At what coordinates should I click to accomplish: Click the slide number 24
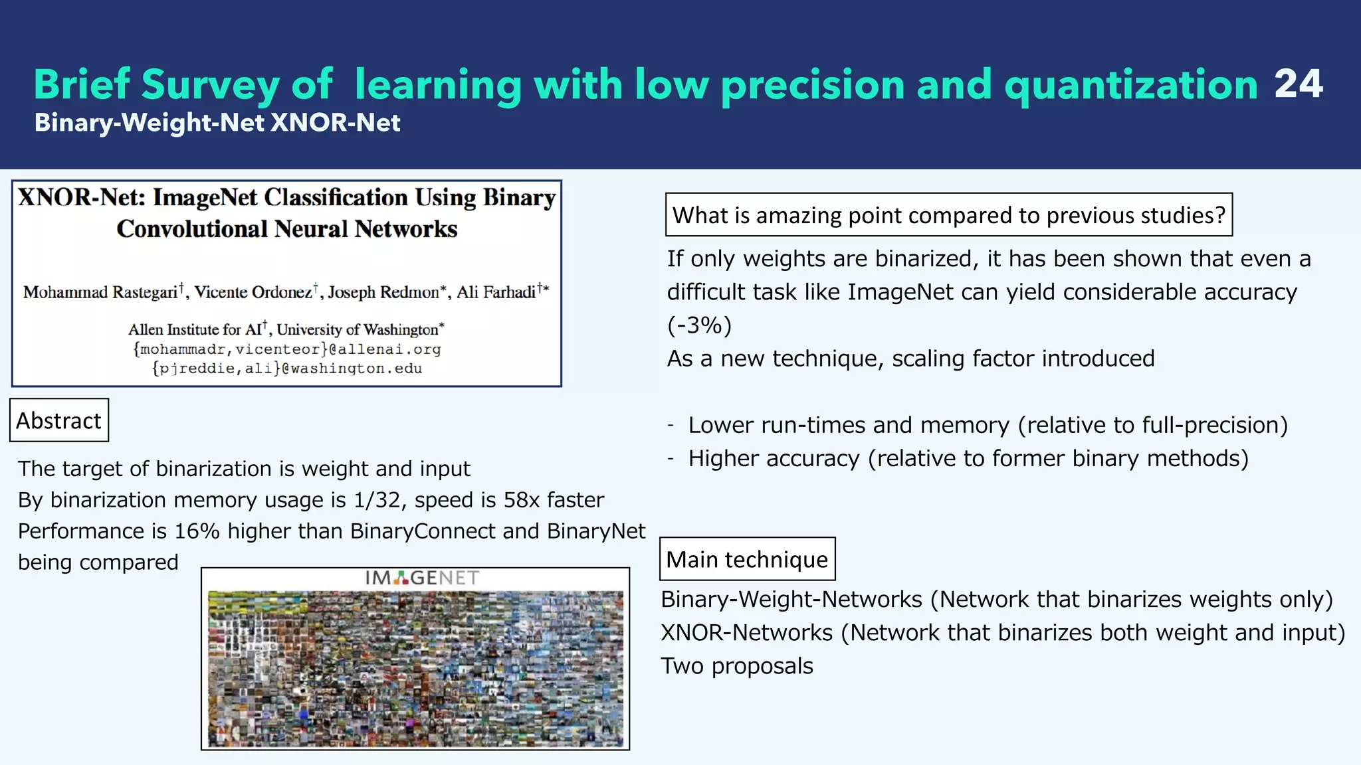[1298, 84]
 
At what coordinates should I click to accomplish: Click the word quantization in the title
[1130, 86]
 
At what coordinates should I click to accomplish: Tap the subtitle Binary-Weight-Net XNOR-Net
[217, 123]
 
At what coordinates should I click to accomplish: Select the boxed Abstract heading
[59, 420]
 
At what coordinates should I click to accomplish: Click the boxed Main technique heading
[747, 559]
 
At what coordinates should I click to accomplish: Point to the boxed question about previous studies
[948, 215]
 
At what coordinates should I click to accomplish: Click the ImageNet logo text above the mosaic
[421, 578]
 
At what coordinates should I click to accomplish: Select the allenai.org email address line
[287, 349]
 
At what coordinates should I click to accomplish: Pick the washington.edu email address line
[287, 369]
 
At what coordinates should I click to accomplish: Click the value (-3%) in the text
[699, 325]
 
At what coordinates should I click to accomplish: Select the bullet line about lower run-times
[988, 425]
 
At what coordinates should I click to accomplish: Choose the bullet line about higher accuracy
[968, 458]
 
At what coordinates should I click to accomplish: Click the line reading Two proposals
[737, 666]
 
